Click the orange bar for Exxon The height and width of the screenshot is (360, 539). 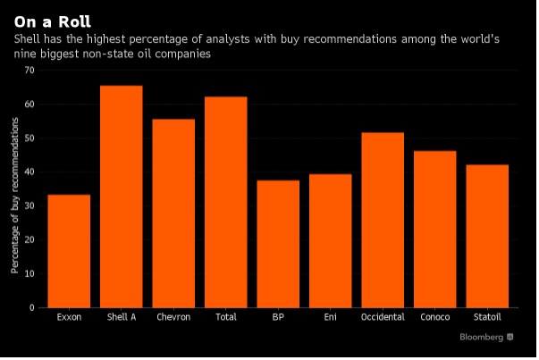(69, 251)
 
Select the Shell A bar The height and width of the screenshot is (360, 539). (122, 197)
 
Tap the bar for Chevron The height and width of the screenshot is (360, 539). (173, 213)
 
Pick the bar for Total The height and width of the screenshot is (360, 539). (226, 202)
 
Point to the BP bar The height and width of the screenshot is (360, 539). (278, 244)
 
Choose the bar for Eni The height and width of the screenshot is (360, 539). (331, 241)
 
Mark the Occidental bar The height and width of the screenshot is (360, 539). (383, 220)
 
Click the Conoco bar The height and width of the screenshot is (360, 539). (434, 229)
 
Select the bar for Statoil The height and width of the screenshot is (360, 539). (487, 236)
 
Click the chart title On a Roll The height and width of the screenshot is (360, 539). (53, 22)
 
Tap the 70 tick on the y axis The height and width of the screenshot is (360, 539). (29, 71)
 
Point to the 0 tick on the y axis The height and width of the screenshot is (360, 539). (32, 308)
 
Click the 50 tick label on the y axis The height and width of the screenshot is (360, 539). (29, 138)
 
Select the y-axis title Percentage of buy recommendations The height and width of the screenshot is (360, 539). (14, 196)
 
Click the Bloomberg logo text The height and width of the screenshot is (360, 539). (481, 337)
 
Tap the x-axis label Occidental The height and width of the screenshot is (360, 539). (383, 317)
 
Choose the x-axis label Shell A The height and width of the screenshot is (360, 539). (122, 317)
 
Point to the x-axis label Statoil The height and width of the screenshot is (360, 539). (487, 317)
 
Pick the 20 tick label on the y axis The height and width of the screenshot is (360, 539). (29, 239)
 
